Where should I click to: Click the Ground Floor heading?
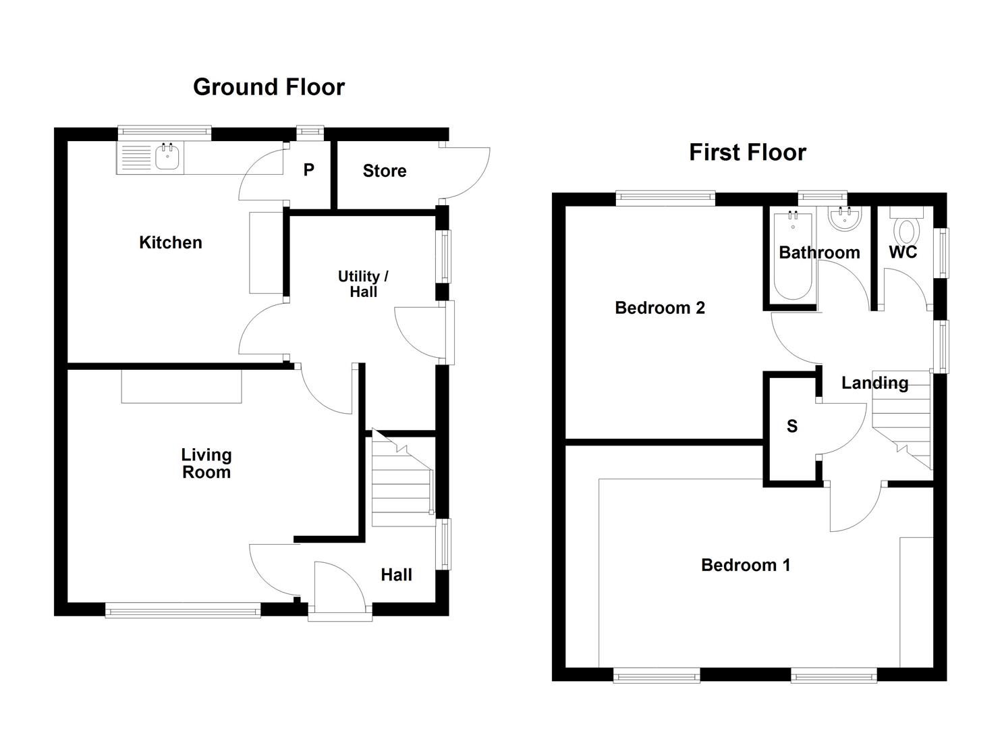coord(269,87)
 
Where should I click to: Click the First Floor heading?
coord(747,153)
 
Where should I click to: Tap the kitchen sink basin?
coord(167,158)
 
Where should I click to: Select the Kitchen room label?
coord(170,242)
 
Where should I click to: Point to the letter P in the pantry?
coord(308,170)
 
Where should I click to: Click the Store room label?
coord(384,171)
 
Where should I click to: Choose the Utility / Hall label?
coord(363,284)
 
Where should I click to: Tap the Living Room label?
coord(206,464)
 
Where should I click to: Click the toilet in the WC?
coord(906,230)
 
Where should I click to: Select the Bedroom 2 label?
coord(659,308)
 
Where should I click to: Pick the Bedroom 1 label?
coord(745,565)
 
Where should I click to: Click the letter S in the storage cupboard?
coord(791,426)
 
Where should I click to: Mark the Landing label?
coord(874,383)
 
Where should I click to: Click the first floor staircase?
coord(903,425)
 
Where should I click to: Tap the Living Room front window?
coord(182,612)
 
